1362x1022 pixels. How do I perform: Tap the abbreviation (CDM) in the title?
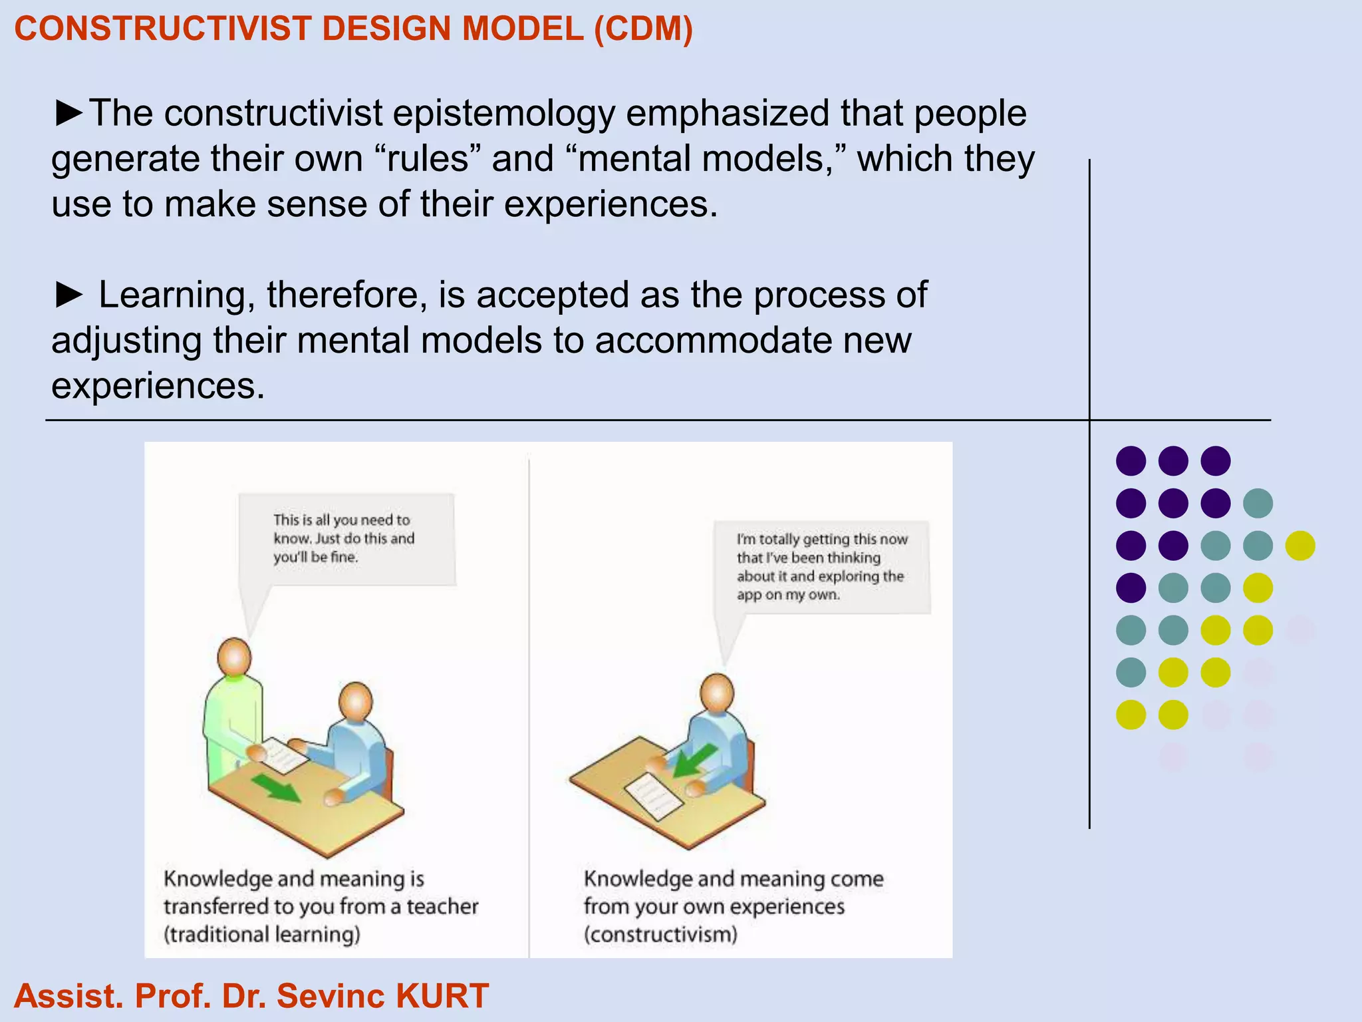click(643, 29)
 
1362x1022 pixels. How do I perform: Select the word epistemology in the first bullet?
click(503, 114)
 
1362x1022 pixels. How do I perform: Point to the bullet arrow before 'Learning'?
click(68, 295)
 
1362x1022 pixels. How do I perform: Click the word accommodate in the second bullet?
click(712, 341)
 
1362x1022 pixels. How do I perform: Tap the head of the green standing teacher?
click(234, 656)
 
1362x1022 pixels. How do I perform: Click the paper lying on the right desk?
click(653, 796)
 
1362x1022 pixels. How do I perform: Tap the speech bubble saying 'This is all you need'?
click(346, 538)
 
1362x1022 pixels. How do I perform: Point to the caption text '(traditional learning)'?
click(262, 935)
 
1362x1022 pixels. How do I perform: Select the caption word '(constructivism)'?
click(660, 935)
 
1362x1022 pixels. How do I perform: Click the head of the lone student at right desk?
click(718, 692)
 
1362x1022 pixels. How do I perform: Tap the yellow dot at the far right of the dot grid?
click(1300, 546)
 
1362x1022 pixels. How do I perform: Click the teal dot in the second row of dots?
click(1258, 503)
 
